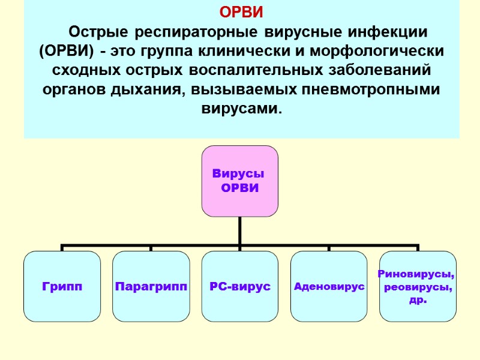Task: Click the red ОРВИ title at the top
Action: click(x=241, y=12)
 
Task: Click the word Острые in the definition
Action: click(x=99, y=31)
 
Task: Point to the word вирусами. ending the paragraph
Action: click(x=240, y=110)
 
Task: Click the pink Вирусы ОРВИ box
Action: click(x=240, y=181)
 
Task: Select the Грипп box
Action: click(x=62, y=287)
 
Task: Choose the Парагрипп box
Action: click(x=151, y=287)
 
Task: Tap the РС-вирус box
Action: click(x=240, y=287)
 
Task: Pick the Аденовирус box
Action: click(x=329, y=287)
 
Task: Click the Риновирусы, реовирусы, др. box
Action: click(x=418, y=287)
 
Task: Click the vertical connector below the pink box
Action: click(x=240, y=231)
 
